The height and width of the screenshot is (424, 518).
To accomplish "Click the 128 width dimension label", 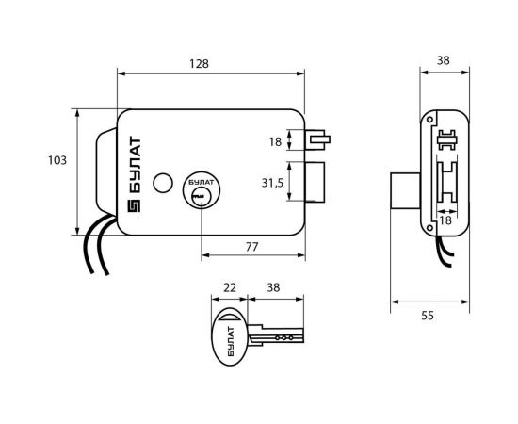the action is pyautogui.click(x=199, y=63).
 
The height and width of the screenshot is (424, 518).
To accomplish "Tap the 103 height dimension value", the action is pyautogui.click(x=57, y=160).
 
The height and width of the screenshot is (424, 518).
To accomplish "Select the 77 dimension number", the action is pyautogui.click(x=251, y=247).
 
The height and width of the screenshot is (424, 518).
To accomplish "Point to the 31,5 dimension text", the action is pyautogui.click(x=272, y=183).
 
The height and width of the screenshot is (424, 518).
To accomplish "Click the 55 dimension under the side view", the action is pyautogui.click(x=428, y=316).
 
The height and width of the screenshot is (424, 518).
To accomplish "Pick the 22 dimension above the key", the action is pyautogui.click(x=230, y=287).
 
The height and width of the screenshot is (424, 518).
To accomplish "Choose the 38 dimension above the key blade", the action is pyautogui.click(x=273, y=287).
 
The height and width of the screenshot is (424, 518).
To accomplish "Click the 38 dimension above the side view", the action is pyautogui.click(x=443, y=60).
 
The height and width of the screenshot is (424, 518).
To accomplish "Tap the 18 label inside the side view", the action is pyautogui.click(x=445, y=220).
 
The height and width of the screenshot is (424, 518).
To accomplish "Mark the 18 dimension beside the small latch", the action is pyautogui.click(x=275, y=141).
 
